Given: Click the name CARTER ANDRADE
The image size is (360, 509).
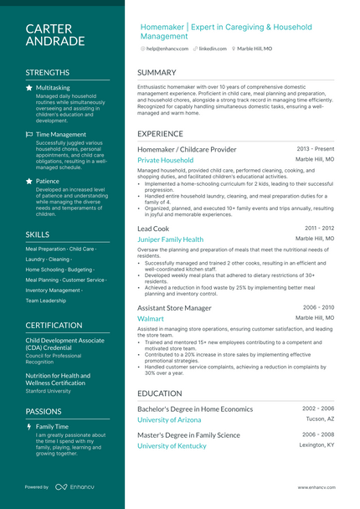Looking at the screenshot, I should tap(54, 34).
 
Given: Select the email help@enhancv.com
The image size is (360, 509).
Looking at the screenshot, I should tap(167, 49).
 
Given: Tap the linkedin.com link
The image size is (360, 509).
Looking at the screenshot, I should tap(213, 49).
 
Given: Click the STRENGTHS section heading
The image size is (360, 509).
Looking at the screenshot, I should tap(48, 73).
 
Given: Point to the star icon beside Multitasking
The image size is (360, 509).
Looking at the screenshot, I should tap(29, 87).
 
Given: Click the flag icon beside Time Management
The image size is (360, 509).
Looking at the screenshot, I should tap(29, 134).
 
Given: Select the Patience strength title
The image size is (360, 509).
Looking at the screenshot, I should tap(48, 181).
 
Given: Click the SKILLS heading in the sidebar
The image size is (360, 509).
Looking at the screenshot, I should tap(38, 234).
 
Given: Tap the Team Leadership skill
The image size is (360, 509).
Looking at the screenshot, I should tap(46, 301).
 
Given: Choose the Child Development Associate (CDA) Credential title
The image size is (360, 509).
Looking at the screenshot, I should tap(65, 345).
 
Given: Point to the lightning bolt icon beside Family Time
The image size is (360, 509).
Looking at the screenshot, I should tap(29, 426).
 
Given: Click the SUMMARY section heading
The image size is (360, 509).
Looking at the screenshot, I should tap(157, 73).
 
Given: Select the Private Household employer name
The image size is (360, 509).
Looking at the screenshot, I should tap(165, 160).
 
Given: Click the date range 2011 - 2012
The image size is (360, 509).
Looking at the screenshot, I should tap(319, 228).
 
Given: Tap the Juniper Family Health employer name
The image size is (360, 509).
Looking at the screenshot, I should tap(170, 239).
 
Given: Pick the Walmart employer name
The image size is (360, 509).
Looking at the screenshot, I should tap(151, 319).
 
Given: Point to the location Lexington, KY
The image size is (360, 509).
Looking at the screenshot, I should tap(317, 445).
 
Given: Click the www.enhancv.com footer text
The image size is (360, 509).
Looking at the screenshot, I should tap(316, 486).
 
